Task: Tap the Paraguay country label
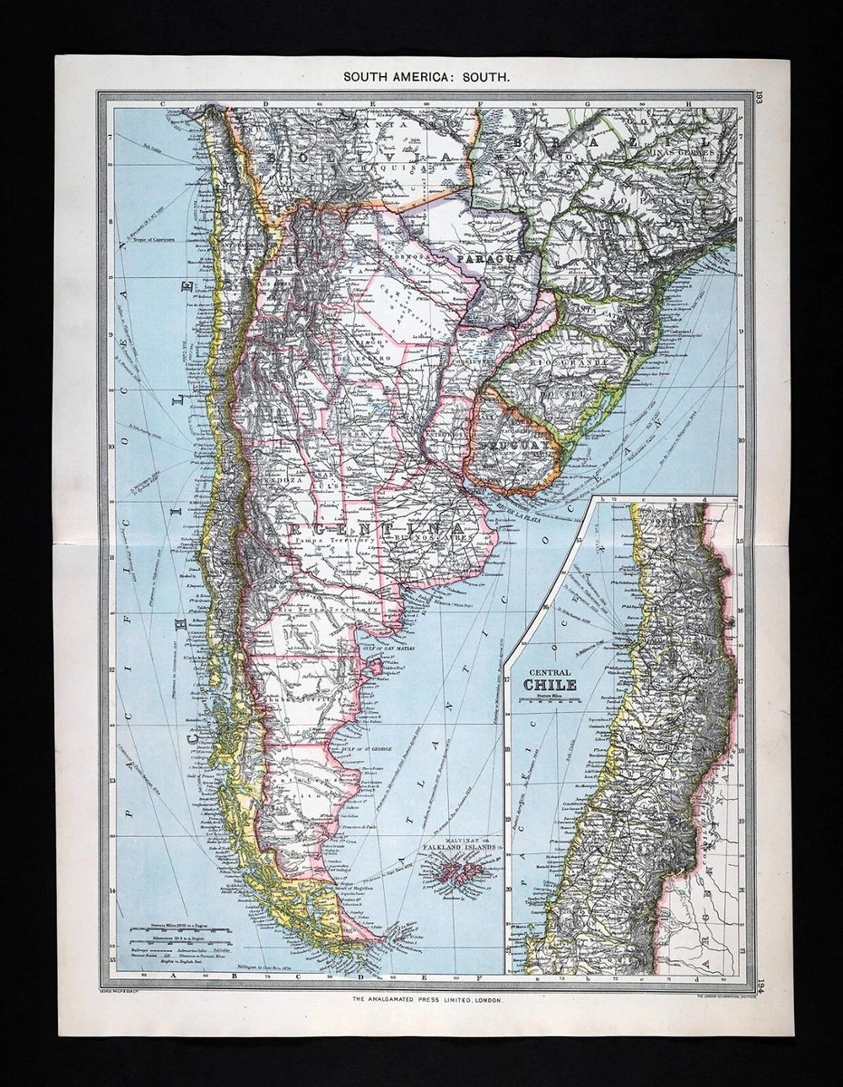[486, 259]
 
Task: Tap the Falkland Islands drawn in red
[461, 873]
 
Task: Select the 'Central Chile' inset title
[550, 679]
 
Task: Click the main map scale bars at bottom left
[180, 934]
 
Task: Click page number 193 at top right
[759, 99]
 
